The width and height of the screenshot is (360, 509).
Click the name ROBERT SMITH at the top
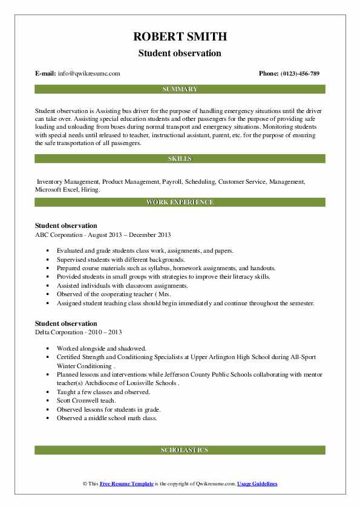coord(180,37)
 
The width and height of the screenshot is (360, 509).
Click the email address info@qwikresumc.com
coord(89,74)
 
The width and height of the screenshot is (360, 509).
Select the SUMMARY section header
coord(180,89)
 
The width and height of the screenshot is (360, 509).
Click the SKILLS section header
coord(180,158)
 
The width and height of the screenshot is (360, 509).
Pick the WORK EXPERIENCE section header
coord(180,202)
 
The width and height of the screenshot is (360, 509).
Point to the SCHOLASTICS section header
coord(180,450)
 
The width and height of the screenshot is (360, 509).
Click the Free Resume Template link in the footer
coord(127,484)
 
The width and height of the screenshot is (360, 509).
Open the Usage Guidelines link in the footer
coord(257,484)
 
